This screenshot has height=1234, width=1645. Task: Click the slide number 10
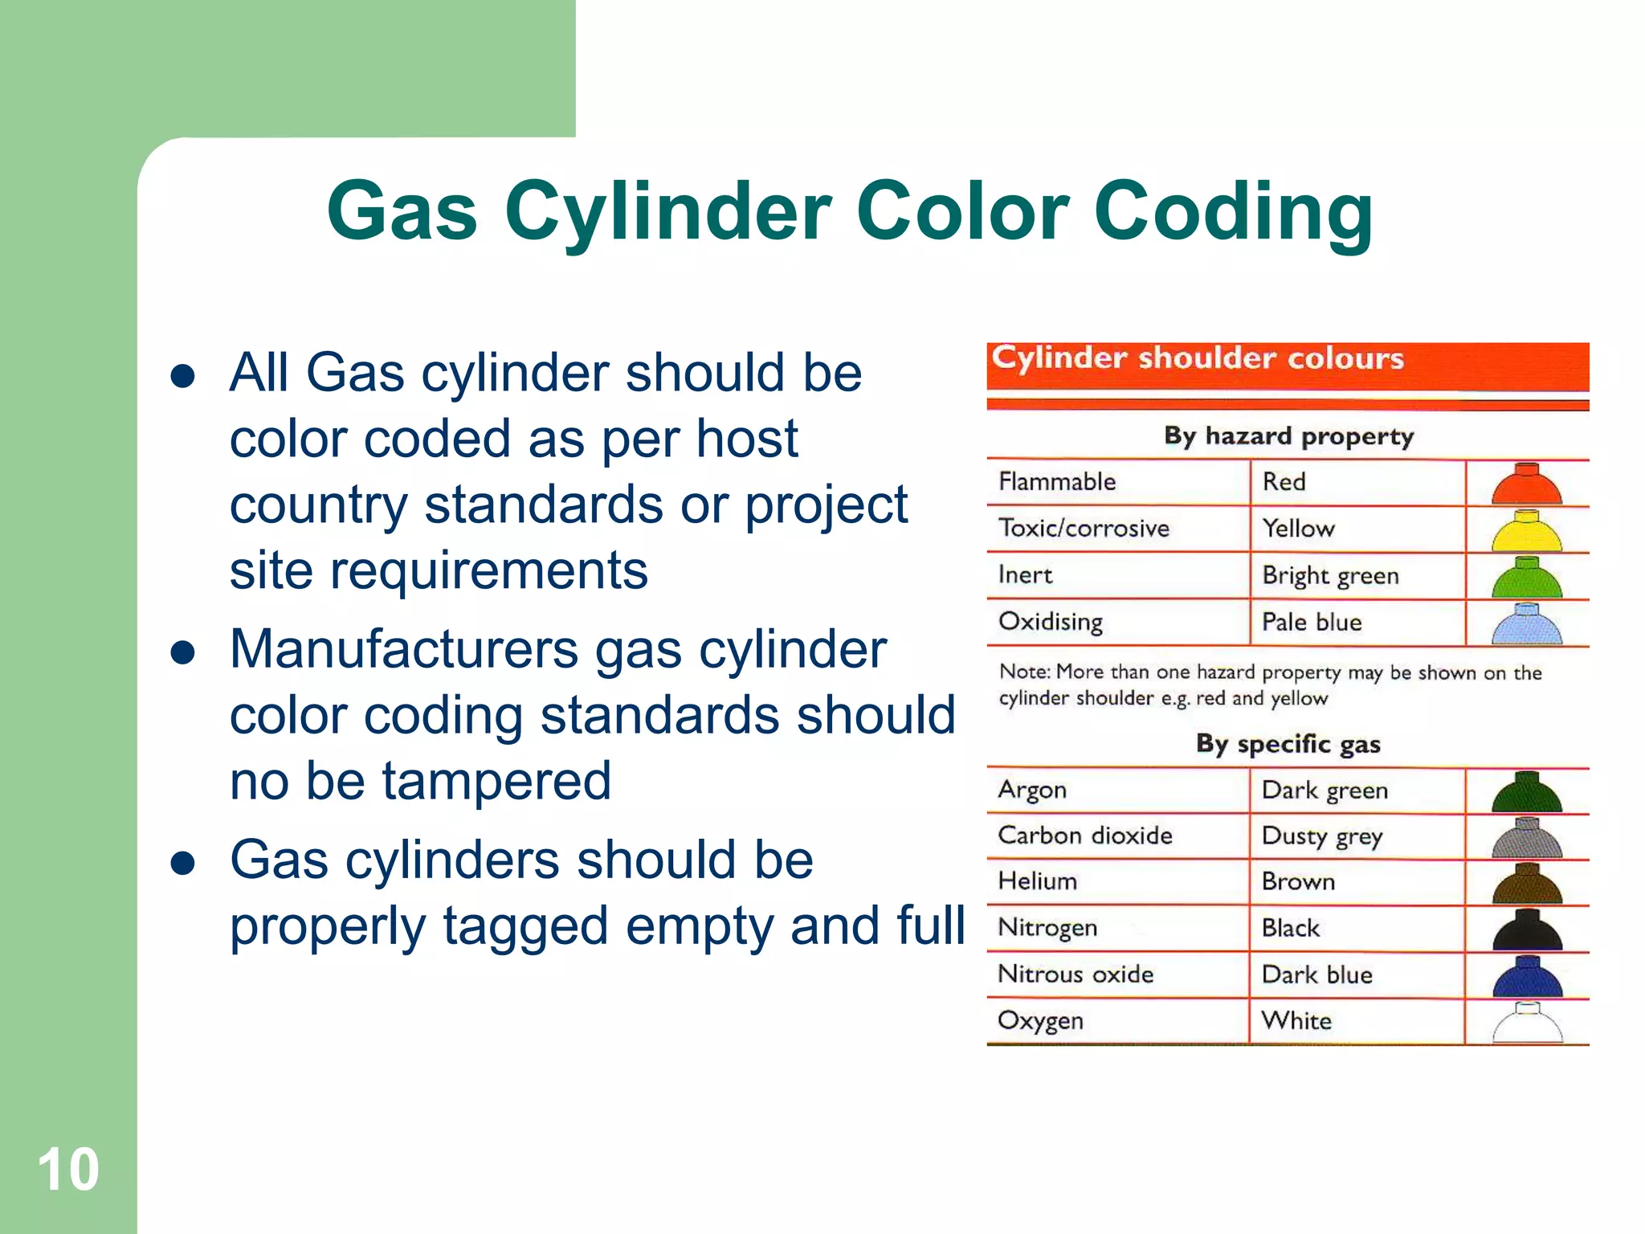click(x=68, y=1170)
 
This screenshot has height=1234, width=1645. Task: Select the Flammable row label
click(x=1057, y=481)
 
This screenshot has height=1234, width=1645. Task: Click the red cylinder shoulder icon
click(x=1526, y=484)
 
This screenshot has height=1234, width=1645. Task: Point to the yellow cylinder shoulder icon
click(x=1526, y=531)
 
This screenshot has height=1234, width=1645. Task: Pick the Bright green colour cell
click(x=1330, y=575)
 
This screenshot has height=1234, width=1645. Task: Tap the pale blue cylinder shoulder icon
click(x=1526, y=624)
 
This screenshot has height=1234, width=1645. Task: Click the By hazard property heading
click(x=1288, y=435)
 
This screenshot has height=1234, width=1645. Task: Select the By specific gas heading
click(x=1288, y=743)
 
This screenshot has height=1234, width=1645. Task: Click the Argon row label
click(x=1032, y=790)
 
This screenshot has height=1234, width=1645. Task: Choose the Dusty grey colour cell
click(x=1322, y=836)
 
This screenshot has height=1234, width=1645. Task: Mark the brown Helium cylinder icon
click(x=1526, y=884)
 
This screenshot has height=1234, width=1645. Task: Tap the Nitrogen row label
click(x=1047, y=928)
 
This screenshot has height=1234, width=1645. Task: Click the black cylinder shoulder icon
click(x=1526, y=930)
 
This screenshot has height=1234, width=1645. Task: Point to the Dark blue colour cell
click(x=1317, y=975)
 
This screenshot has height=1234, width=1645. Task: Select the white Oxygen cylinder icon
click(x=1526, y=1023)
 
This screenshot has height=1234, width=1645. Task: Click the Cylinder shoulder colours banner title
click(x=1197, y=358)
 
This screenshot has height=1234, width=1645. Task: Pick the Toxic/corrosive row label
click(x=1084, y=528)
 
